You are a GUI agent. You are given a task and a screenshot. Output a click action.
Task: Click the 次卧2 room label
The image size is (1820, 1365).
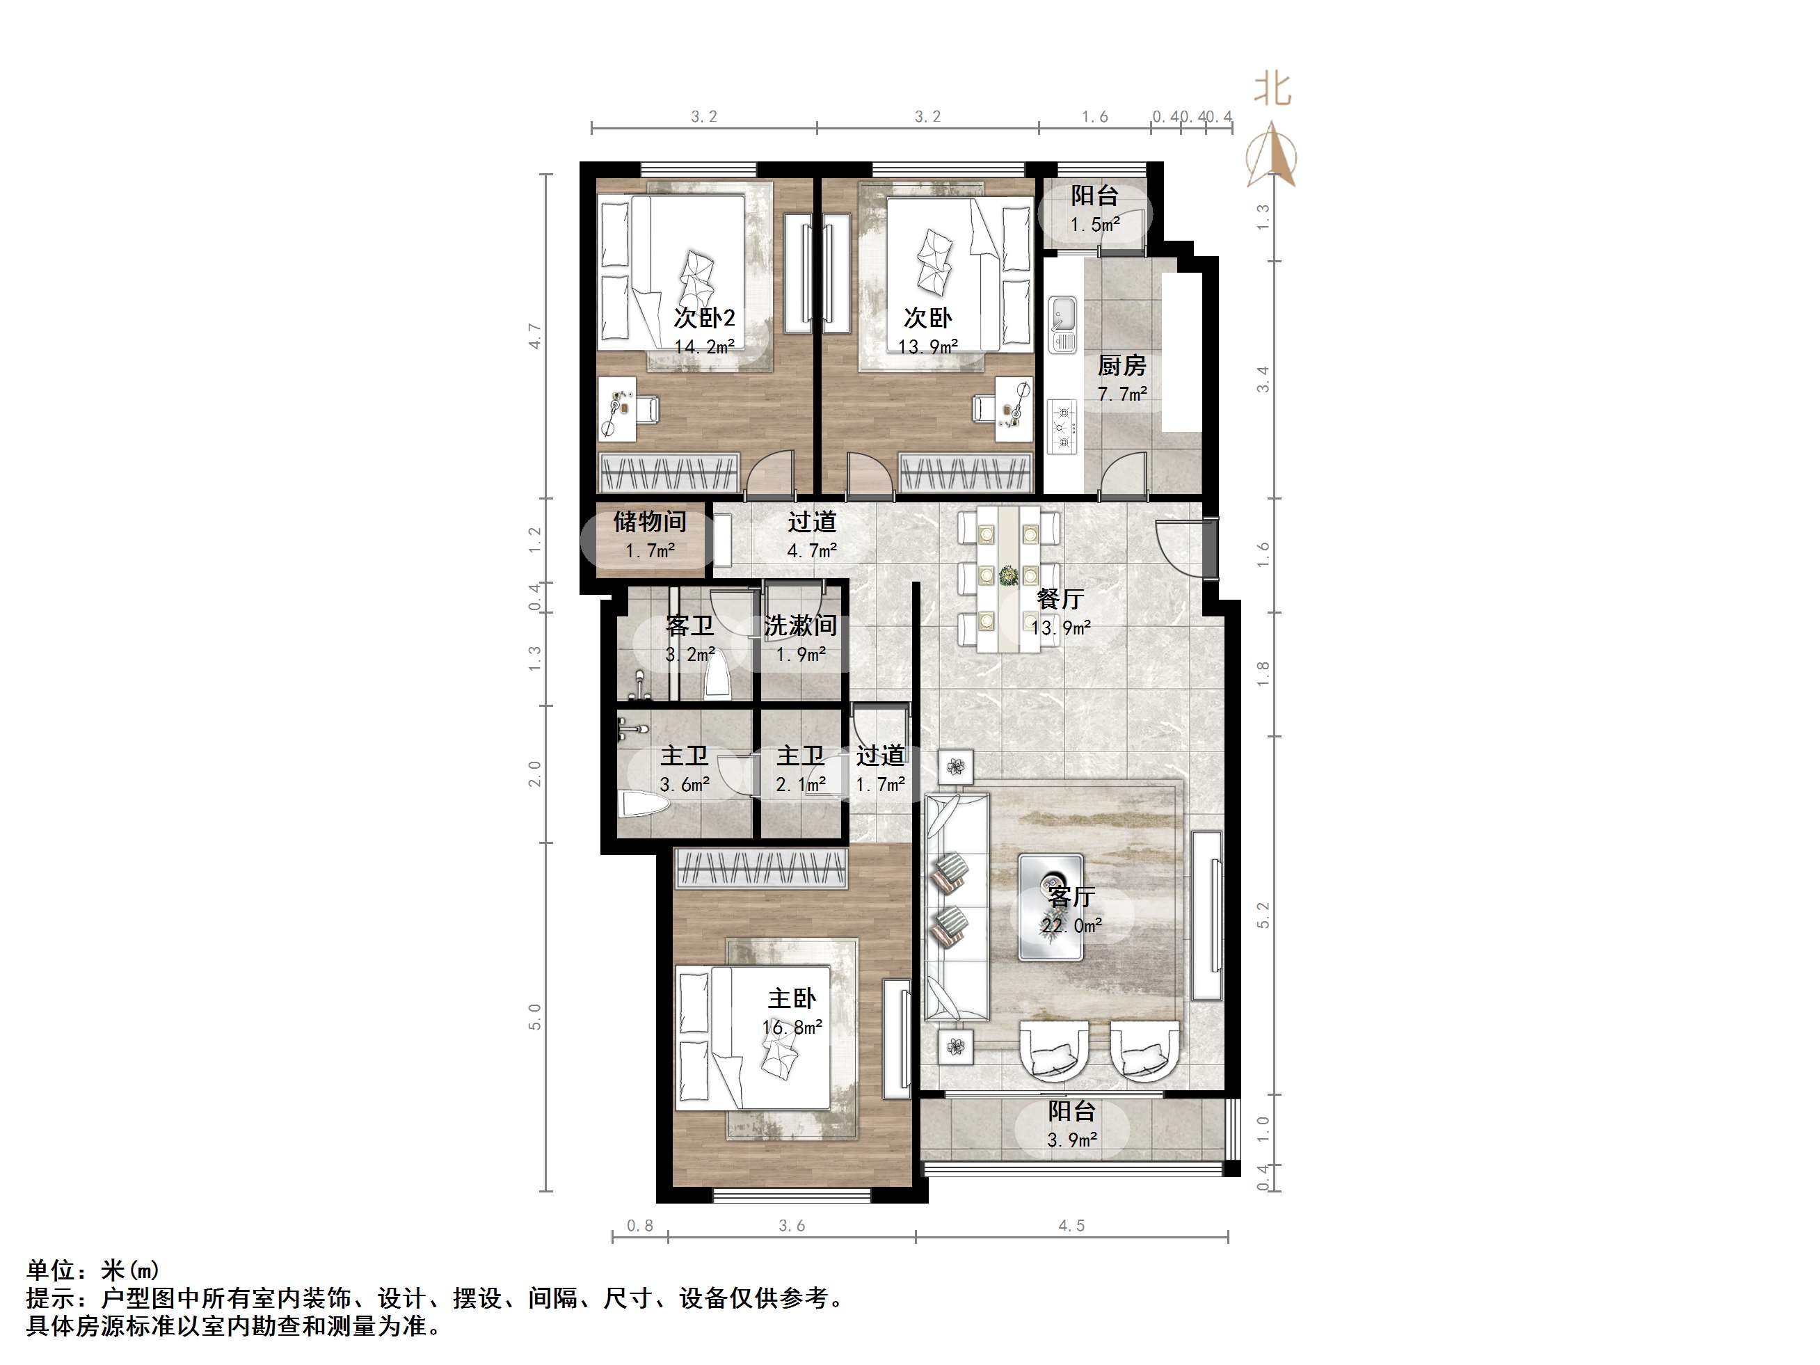703,317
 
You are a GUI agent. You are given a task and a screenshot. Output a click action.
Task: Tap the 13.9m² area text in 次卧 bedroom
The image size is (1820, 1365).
927,347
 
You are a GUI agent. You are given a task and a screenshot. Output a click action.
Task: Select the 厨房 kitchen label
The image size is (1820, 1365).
1121,365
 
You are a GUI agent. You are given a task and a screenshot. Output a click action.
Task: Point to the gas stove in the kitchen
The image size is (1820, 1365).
1062,426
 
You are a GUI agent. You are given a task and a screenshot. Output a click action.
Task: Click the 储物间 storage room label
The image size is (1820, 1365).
649,522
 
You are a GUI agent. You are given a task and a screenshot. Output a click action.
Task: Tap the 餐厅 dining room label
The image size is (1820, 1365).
1060,599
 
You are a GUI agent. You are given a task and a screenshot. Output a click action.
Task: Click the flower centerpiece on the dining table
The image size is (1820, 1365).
1008,575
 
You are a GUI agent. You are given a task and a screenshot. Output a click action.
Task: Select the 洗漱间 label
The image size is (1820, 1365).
800,626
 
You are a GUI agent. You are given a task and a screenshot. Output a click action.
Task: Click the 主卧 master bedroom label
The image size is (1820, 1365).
792,999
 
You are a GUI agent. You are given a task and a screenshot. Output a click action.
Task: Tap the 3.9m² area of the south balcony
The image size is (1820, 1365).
1071,1140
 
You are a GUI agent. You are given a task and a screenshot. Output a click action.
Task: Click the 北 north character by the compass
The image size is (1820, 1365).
1272,89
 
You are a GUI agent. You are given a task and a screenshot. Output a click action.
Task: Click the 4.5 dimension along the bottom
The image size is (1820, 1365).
1071,1226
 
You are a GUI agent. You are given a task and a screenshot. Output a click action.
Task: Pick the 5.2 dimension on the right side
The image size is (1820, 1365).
1263,915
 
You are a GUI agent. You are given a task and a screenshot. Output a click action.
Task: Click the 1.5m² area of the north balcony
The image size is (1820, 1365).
1094,225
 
